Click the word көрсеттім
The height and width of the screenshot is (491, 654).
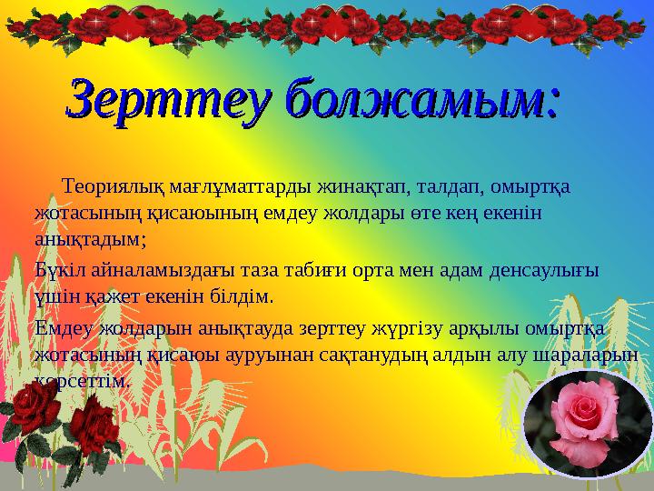tap(82, 380)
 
